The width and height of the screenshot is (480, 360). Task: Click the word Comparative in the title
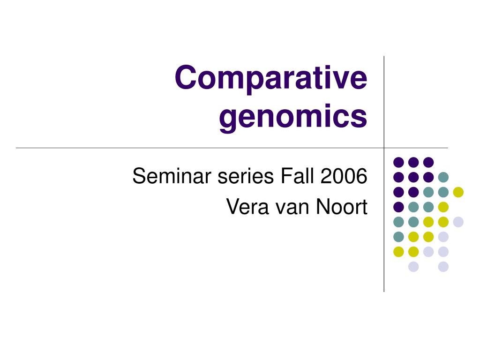coord(271,78)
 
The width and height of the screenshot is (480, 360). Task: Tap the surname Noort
coord(341,207)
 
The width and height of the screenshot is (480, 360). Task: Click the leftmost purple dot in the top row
coord(399,162)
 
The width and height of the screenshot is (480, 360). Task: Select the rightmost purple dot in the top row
coord(428,162)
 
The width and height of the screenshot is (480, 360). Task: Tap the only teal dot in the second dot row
coord(443,177)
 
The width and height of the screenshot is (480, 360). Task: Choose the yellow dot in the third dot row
coord(458,192)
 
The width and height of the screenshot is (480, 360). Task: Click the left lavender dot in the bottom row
coord(413,267)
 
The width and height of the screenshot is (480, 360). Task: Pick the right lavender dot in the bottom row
coord(443,267)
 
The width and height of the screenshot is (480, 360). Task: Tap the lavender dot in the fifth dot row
coord(458,222)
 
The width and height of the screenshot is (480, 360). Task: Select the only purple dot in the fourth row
coord(399,207)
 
